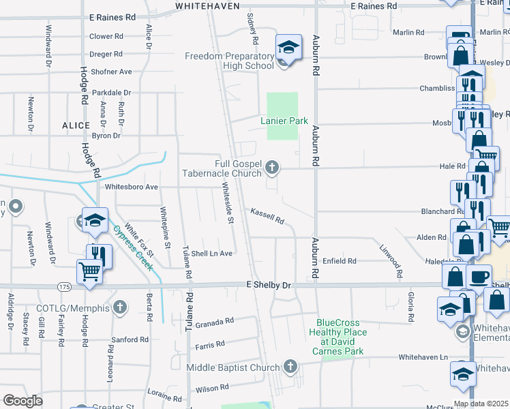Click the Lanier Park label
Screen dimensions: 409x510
tap(284, 121)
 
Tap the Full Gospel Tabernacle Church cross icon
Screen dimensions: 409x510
tap(272, 166)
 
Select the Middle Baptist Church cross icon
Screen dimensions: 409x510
tap(290, 367)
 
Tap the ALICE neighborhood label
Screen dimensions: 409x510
tap(76, 125)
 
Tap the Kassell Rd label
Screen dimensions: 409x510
tap(267, 216)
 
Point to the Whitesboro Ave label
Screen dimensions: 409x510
tap(132, 186)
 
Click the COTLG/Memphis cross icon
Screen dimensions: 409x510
tap(121, 307)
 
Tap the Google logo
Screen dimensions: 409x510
tap(22, 401)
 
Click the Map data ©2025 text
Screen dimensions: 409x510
tap(481, 404)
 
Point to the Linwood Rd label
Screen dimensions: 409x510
tap(393, 262)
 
